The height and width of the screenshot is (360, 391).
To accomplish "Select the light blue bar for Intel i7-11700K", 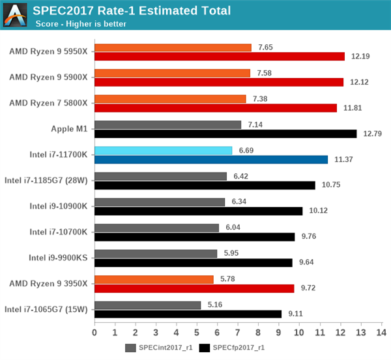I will point(163,150).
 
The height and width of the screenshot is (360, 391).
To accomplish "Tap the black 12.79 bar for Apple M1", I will point(225,133).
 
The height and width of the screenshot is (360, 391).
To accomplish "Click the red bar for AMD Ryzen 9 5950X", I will point(219,57).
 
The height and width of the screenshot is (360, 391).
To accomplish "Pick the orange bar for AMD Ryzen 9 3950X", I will point(154,279).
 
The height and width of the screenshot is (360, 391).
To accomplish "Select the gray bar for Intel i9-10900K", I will point(160,202).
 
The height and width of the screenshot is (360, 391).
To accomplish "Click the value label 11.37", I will point(344,159).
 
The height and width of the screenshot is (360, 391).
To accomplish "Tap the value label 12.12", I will point(360,82).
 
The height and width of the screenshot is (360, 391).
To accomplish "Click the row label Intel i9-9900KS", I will point(57,257).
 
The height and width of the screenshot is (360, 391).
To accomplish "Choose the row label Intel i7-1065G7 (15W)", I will point(47,309).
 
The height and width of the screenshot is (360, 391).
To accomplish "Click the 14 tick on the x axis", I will point(381,333).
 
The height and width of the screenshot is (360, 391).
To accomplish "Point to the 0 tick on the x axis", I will point(94,333).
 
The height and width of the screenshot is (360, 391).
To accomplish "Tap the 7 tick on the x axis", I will point(238,333).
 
